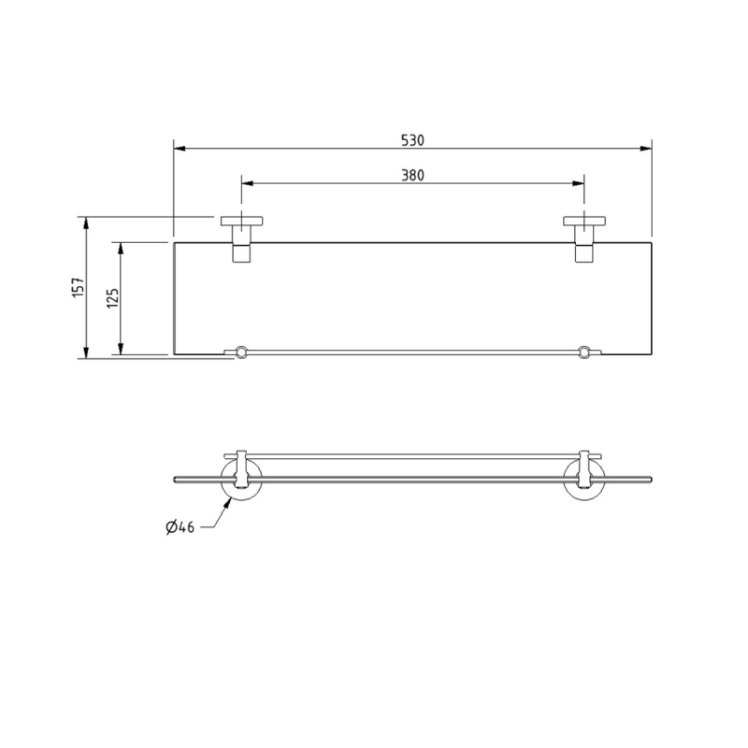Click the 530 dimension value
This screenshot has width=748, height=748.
click(x=412, y=140)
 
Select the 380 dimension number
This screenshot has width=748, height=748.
click(x=412, y=175)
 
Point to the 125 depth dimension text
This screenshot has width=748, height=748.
click(x=112, y=299)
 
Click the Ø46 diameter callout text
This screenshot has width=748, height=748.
click(x=180, y=528)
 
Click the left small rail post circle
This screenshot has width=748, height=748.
click(x=241, y=352)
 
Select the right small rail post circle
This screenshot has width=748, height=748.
click(x=585, y=352)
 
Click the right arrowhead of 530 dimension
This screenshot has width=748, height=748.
click(x=647, y=148)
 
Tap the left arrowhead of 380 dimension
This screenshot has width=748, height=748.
click(x=246, y=183)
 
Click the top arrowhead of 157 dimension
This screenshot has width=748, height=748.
click(x=86, y=222)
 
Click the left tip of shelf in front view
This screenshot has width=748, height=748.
click(x=175, y=482)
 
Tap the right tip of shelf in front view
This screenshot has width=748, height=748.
click(x=652, y=482)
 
